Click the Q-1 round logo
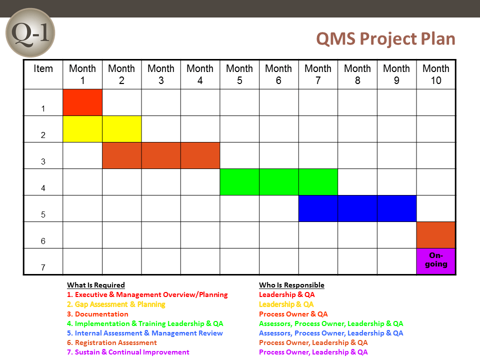coord(30,33)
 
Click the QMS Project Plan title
coord(385,39)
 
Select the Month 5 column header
coord(239,74)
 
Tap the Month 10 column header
coord(436,74)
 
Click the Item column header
coord(43,68)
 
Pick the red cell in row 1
coord(82,102)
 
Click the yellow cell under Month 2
coord(122,129)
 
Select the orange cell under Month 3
coord(161,155)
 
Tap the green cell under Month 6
coord(279,182)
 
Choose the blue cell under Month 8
coord(357,208)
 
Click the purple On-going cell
coord(436,261)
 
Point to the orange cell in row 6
coord(436,235)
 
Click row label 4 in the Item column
coord(43,188)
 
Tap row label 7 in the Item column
coord(43,267)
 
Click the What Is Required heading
coord(96,285)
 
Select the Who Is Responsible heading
coord(291,285)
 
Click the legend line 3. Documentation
coord(97,314)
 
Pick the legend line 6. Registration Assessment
coord(111,342)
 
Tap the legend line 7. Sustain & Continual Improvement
coord(128,352)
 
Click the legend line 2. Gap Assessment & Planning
coord(116,304)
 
